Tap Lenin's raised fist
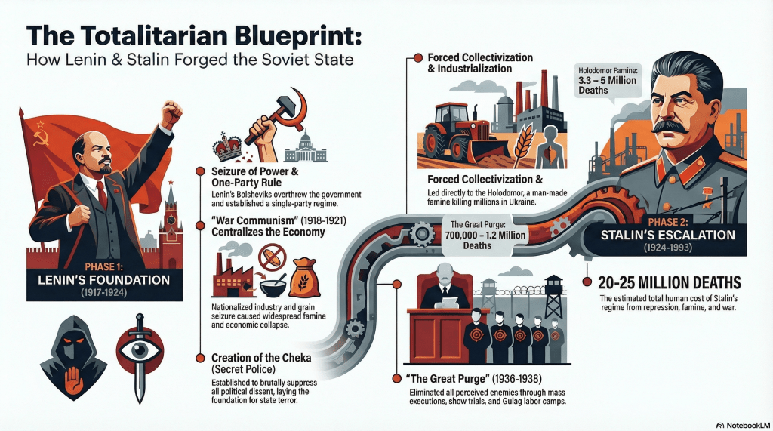point(171,113)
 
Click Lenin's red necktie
point(101,194)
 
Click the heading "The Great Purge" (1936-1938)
point(465,377)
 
